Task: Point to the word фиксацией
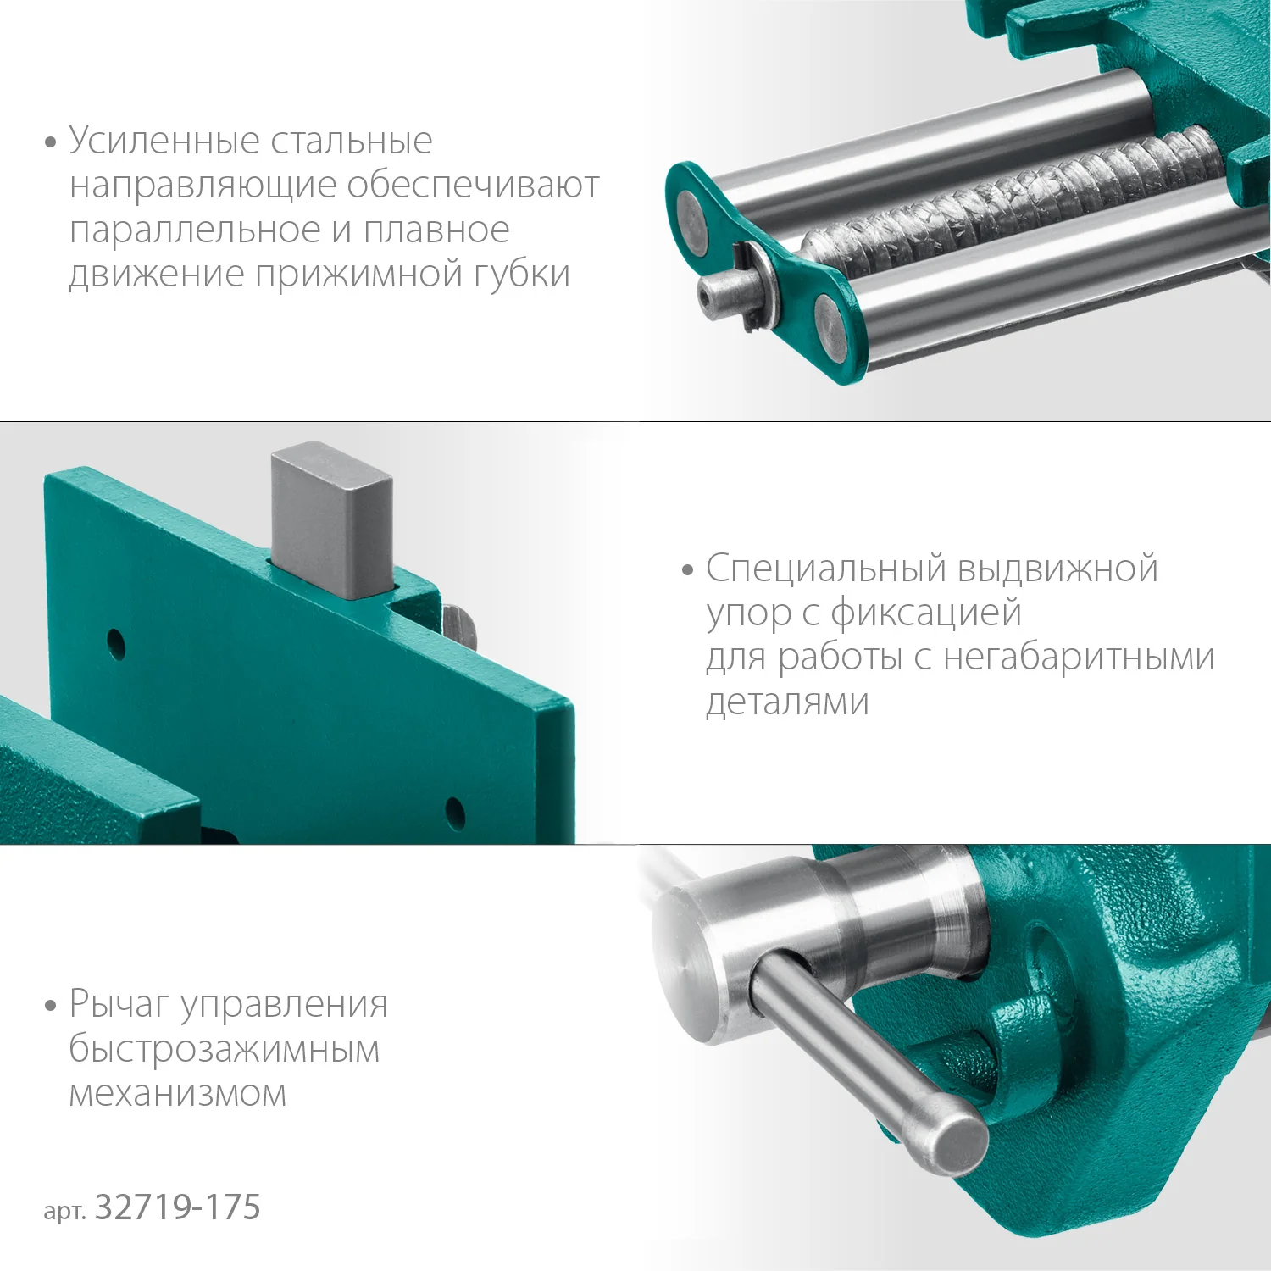[925, 613]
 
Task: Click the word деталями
[787, 702]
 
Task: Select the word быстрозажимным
[224, 1049]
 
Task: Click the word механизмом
[177, 1094]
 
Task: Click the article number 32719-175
[177, 1207]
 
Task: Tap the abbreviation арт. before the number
[64, 1211]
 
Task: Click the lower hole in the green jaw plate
[455, 813]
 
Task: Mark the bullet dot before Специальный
[687, 570]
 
